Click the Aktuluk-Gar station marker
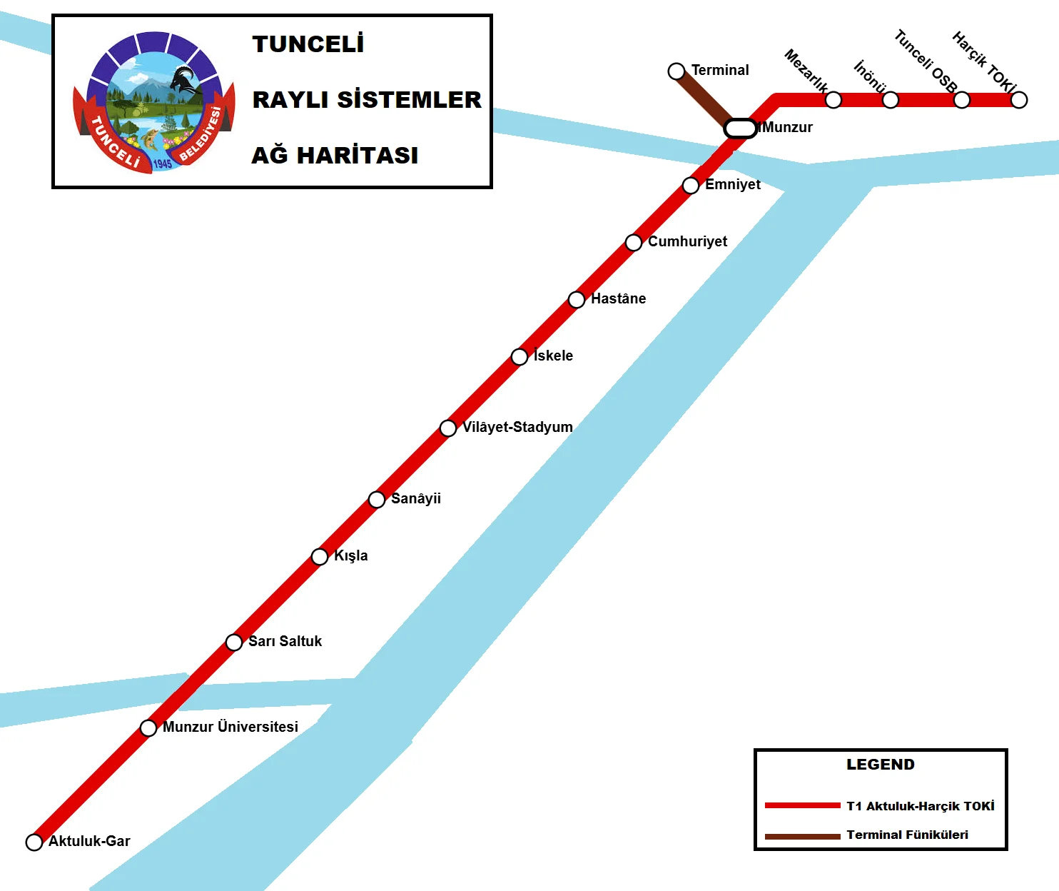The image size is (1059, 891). [34, 842]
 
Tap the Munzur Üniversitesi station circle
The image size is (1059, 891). [148, 728]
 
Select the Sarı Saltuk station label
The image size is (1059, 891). [285, 641]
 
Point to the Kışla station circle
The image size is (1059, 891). [320, 557]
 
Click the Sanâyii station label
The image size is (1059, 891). [415, 498]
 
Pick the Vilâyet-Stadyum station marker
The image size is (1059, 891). [448, 428]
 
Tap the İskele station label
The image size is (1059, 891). [553, 356]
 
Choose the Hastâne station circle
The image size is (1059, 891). [577, 300]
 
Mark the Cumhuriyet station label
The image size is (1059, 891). [687, 241]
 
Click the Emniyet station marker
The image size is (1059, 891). [691, 186]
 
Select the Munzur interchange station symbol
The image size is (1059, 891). [740, 129]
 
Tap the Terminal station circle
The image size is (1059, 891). [677, 71]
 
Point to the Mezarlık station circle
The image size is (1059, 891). [833, 100]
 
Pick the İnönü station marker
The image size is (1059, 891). [891, 100]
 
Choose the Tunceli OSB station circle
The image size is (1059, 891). [962, 100]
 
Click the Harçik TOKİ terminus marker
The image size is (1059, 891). [1019, 100]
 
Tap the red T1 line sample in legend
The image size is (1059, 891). [802, 805]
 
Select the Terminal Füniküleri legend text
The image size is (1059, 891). [907, 835]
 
